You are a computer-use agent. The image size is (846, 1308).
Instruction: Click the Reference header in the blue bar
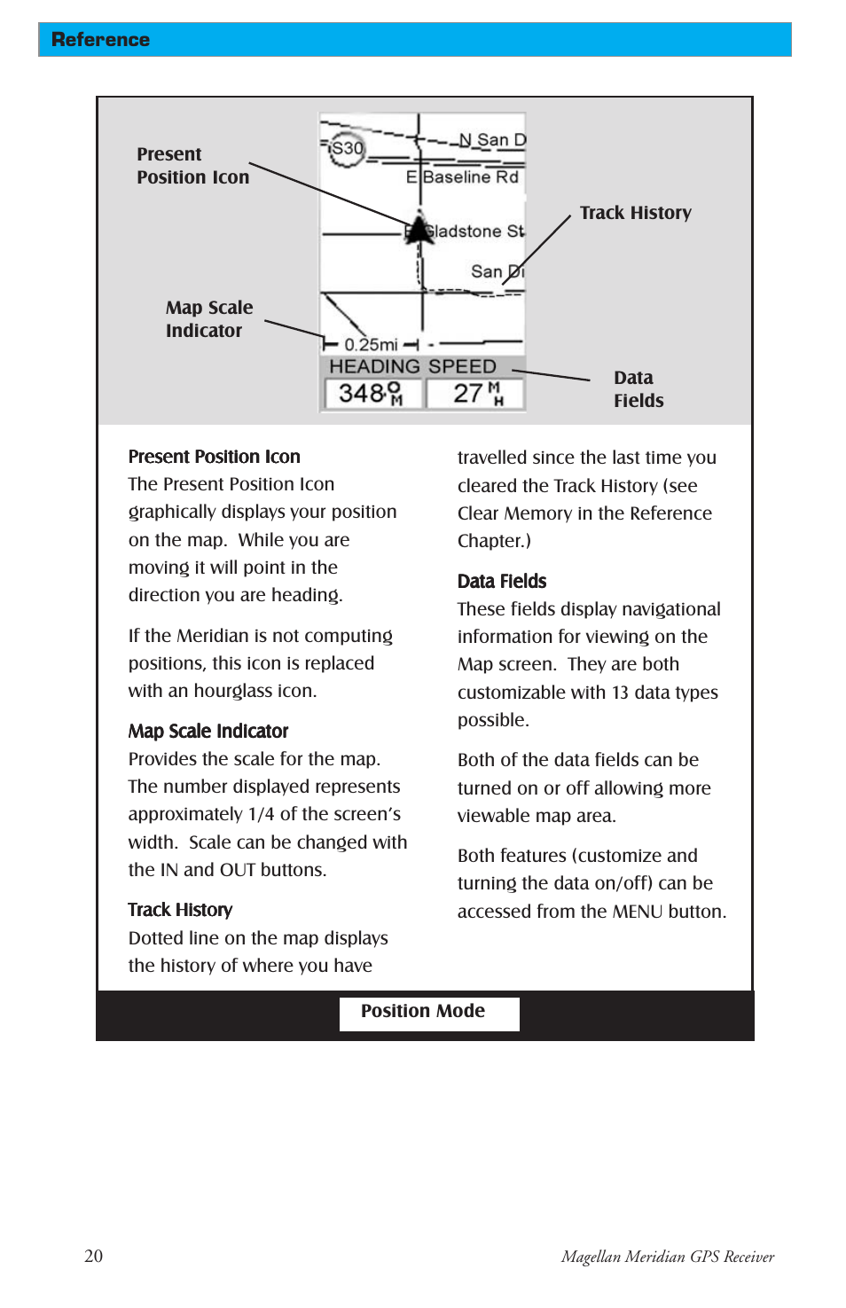pyautogui.click(x=100, y=40)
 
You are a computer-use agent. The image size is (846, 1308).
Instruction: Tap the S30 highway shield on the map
pyautogui.click(x=347, y=148)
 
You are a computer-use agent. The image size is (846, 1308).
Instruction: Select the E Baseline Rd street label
pyautogui.click(x=462, y=177)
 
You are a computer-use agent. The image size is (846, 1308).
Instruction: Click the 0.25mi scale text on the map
pyautogui.click(x=371, y=344)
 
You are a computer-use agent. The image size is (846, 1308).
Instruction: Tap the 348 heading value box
pyautogui.click(x=372, y=393)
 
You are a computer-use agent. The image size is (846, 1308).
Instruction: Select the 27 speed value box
pyautogui.click(x=475, y=393)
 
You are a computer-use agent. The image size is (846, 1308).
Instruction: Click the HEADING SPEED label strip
pyautogui.click(x=412, y=366)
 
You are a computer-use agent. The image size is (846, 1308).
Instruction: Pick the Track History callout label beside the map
pyautogui.click(x=635, y=213)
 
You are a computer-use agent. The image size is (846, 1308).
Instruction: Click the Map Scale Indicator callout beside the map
pyautogui.click(x=208, y=319)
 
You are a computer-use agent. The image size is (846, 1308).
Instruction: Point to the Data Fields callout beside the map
pyautogui.click(x=638, y=389)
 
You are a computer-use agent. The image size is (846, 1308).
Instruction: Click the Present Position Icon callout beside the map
pyautogui.click(x=192, y=166)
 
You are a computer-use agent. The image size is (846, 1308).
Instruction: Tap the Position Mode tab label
pyautogui.click(x=423, y=1011)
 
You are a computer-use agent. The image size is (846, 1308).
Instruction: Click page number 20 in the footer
pyautogui.click(x=93, y=1256)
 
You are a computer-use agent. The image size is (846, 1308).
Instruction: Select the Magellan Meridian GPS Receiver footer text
pyautogui.click(x=667, y=1257)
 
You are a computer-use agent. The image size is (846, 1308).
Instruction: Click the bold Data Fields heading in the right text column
pyautogui.click(x=502, y=581)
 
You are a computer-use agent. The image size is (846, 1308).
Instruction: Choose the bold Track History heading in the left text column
pyautogui.click(x=180, y=910)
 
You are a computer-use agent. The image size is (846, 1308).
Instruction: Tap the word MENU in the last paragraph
pyautogui.click(x=637, y=912)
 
